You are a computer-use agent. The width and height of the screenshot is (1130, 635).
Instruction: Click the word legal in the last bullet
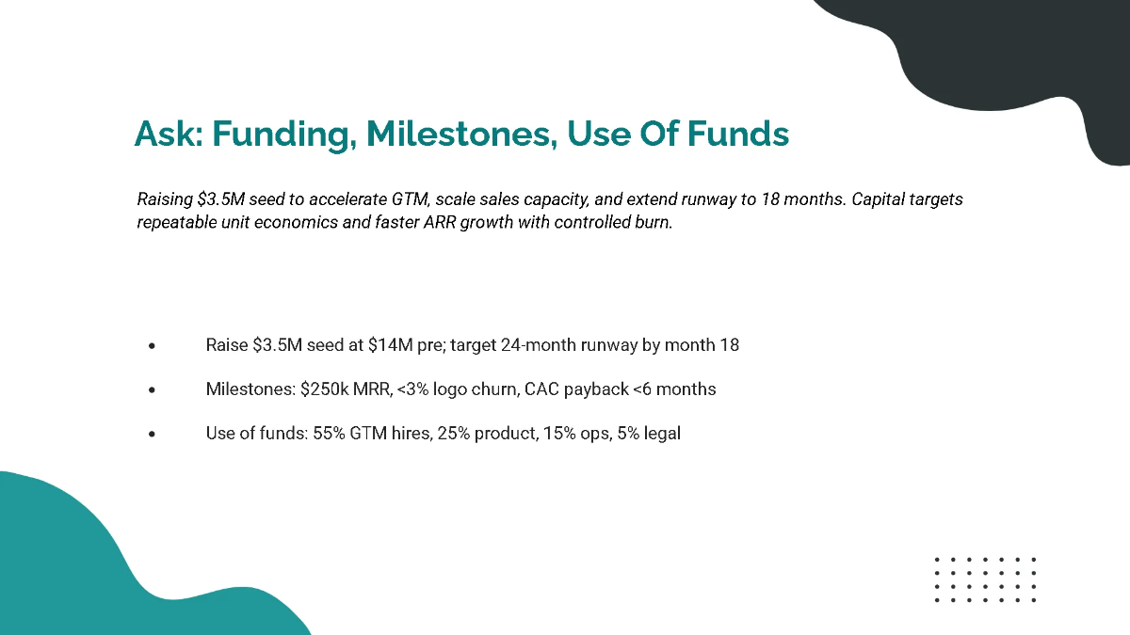[661, 434]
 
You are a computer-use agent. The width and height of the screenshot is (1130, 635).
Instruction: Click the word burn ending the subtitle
[654, 223]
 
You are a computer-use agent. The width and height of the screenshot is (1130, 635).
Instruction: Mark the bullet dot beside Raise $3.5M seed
[152, 346]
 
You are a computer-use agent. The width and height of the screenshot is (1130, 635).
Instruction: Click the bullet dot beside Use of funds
[152, 435]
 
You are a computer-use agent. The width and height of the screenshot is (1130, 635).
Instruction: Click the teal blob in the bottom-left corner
[85, 564]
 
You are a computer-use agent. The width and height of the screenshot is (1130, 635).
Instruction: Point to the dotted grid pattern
[985, 579]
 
